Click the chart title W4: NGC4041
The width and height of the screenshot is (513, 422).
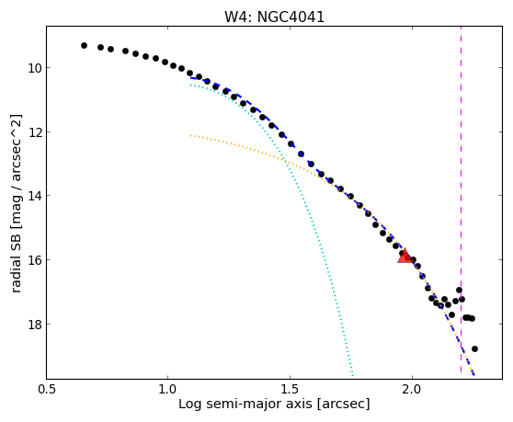[274, 17]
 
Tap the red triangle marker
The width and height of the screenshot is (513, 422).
[405, 257]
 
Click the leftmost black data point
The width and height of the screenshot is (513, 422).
[84, 45]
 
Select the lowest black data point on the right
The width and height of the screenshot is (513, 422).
[474, 348]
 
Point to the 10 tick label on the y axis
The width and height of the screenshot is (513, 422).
[35, 68]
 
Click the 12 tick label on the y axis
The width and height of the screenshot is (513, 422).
[35, 132]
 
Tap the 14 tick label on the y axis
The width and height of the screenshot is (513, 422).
[35, 196]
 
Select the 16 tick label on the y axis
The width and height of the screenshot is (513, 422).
[35, 260]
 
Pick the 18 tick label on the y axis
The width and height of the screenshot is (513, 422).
[35, 325]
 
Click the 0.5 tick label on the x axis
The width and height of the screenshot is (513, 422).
[47, 390]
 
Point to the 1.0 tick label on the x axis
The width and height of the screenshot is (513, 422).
[168, 390]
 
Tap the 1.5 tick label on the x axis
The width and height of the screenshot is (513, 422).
[290, 390]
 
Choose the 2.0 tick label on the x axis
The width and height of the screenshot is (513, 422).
[412, 390]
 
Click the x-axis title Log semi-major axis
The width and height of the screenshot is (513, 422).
[245, 404]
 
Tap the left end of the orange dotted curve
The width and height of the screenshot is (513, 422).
[190, 135]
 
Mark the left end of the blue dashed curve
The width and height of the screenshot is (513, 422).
[190, 78]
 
